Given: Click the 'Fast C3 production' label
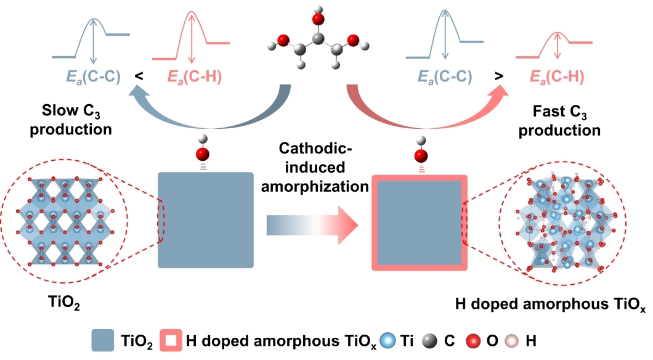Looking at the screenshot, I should click(x=566, y=121).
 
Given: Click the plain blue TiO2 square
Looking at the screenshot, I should click(x=206, y=219).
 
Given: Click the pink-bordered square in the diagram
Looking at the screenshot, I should click(x=420, y=223).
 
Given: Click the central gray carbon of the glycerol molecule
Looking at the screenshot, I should click(x=318, y=41).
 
